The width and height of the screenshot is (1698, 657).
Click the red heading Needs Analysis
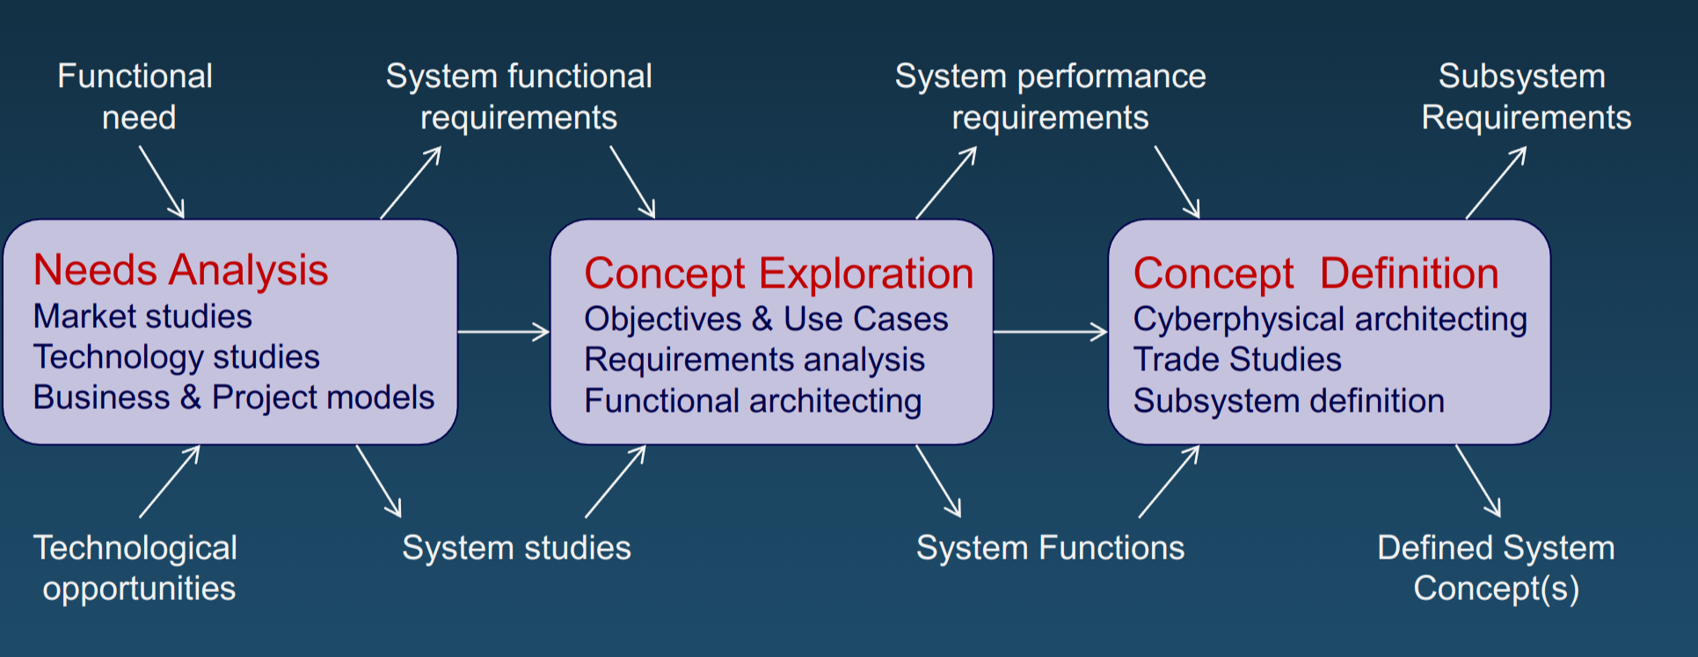(x=180, y=270)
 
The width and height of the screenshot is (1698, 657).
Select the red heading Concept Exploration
(x=778, y=274)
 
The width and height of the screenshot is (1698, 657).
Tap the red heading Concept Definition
(x=1315, y=274)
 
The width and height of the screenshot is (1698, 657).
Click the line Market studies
(x=142, y=317)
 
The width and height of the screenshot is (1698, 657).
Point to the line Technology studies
(x=176, y=357)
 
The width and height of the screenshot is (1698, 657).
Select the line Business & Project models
(x=234, y=398)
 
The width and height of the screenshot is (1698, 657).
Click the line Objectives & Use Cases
(x=766, y=319)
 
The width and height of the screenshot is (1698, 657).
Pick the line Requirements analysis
(x=754, y=360)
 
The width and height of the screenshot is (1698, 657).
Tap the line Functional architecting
(x=753, y=401)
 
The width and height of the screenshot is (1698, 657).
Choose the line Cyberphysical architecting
(x=1330, y=319)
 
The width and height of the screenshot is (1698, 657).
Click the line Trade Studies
(x=1237, y=360)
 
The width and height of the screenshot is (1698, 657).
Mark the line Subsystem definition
(x=1288, y=401)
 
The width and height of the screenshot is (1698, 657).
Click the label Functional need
(x=135, y=97)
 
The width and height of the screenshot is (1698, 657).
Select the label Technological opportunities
(x=136, y=567)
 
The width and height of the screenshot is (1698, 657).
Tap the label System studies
(x=516, y=548)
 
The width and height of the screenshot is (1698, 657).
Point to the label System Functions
(x=1050, y=548)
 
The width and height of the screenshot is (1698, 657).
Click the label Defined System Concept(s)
(x=1496, y=567)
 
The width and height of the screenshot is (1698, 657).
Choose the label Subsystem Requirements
(x=1526, y=97)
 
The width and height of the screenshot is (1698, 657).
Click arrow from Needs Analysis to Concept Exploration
(x=503, y=332)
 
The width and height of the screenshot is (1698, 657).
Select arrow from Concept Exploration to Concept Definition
(x=1050, y=332)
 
